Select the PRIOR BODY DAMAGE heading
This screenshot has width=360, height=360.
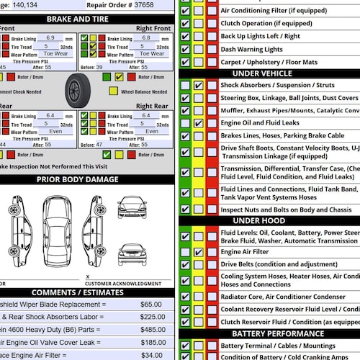tap(87, 179)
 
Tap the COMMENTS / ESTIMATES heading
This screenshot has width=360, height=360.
tap(87, 292)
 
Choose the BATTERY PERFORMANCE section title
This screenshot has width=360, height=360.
tap(267, 334)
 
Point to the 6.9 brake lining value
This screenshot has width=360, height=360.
tap(50, 37)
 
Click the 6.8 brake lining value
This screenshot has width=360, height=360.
tap(146, 37)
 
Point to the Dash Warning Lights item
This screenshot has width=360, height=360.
tap(251, 49)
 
